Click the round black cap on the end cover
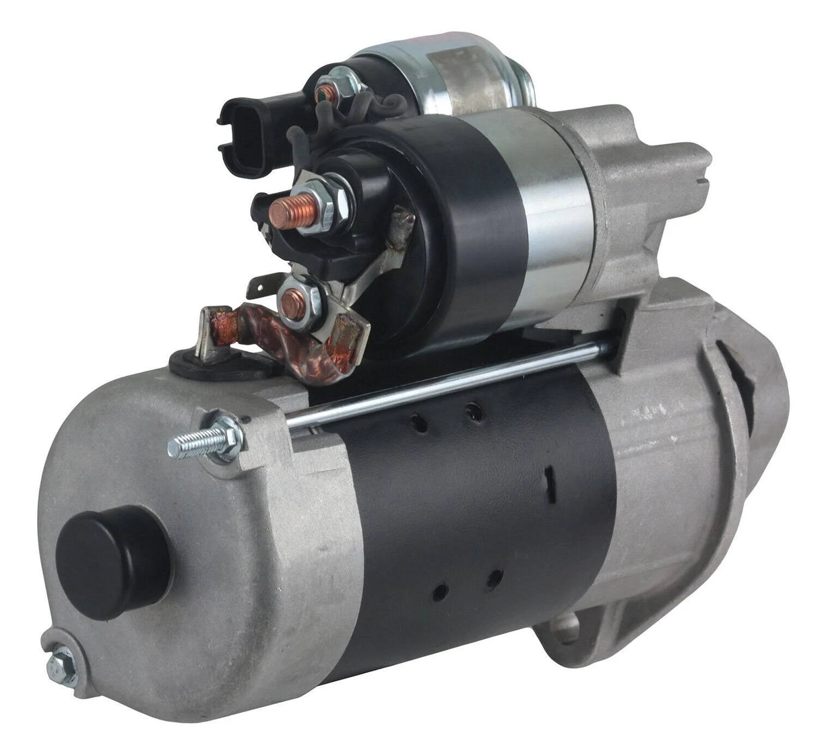point(112,562)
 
